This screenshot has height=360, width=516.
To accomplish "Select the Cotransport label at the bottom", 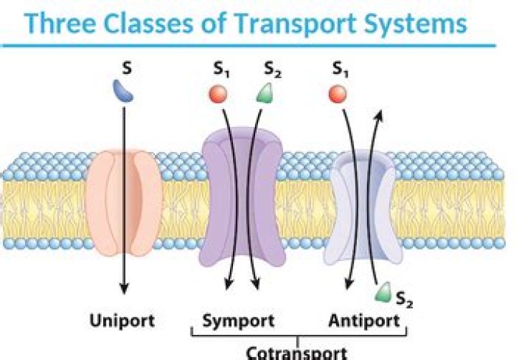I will coord(297,353).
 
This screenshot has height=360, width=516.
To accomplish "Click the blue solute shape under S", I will coord(123,90).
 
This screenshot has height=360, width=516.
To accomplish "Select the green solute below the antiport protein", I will coord(385,291).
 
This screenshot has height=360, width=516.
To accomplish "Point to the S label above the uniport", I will coord(125,70).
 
